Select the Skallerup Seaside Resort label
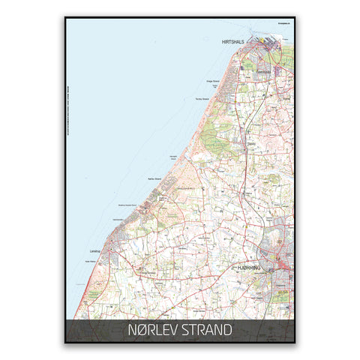click(x=130, y=204)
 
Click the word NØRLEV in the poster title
click(x=154, y=330)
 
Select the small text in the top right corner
click(x=286, y=24)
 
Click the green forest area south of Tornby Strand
click(x=217, y=139)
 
